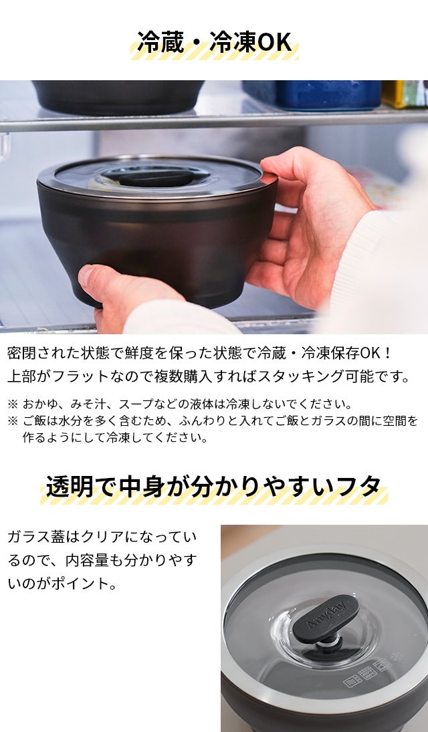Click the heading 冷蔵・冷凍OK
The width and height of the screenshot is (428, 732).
click(215, 42)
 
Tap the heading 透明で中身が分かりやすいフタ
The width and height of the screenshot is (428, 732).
click(213, 487)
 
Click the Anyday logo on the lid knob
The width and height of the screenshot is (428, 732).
click(326, 615)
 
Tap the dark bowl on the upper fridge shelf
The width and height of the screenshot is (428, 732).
click(118, 96)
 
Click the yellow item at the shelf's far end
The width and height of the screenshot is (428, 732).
click(405, 94)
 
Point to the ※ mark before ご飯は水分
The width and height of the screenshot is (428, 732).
click(13, 421)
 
